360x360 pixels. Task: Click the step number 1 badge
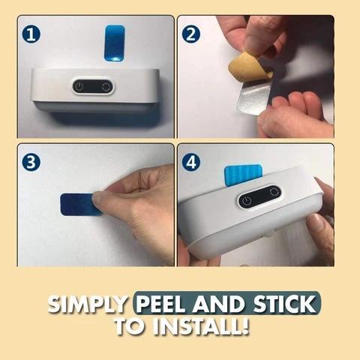[x=31, y=34]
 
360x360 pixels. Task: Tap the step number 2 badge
[x=191, y=34]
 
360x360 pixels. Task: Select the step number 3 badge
[x=31, y=162]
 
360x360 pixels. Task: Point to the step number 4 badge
[x=191, y=162]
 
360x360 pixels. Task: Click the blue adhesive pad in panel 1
[x=115, y=43]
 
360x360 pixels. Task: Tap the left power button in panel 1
[x=79, y=87]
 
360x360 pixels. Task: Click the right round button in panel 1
[x=106, y=87]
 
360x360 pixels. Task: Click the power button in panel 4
[x=247, y=200]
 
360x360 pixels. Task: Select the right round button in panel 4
[x=273, y=191]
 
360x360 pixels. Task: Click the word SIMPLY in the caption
[x=88, y=304]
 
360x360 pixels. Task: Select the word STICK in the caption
[x=284, y=304]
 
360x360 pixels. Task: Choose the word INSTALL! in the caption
[x=201, y=326]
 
